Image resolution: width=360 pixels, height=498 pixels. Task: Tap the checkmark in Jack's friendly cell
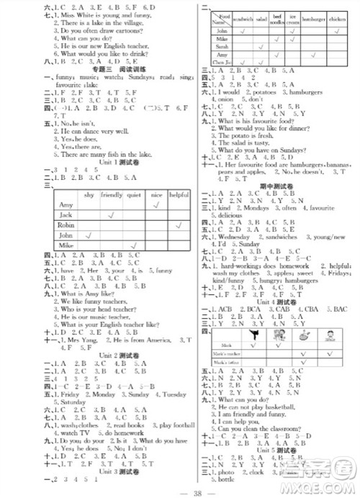click(112, 214)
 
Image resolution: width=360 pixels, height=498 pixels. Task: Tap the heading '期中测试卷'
click(278, 185)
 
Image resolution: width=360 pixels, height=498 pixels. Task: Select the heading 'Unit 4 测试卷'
click(278, 302)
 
